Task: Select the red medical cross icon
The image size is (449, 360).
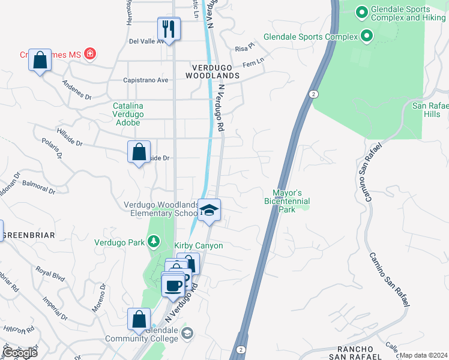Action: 90,54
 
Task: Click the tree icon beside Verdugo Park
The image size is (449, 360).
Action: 154,242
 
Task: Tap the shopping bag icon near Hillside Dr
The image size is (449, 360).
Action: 139,152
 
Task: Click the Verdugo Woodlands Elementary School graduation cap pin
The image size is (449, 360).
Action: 209,210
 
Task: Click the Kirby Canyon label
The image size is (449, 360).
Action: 199,245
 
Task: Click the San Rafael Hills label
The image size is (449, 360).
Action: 430,110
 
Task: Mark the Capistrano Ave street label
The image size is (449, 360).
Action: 145,80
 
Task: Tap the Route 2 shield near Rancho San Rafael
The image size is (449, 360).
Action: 241,349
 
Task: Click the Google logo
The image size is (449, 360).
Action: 19,353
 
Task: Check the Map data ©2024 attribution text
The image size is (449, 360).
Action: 423,355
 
